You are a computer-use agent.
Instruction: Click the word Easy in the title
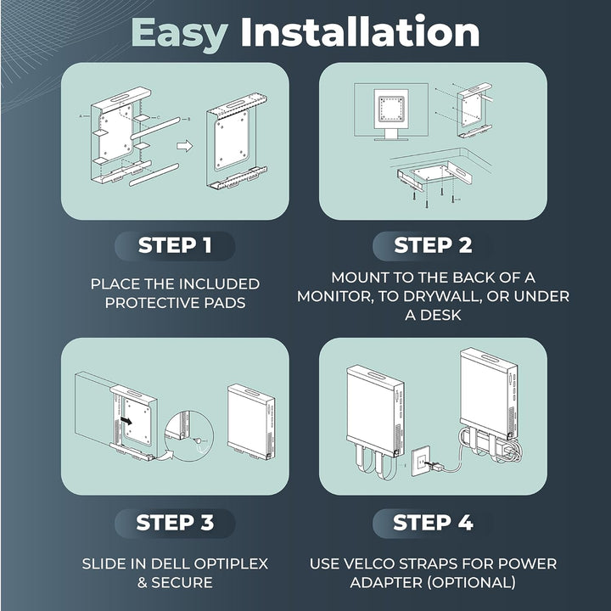click(179, 34)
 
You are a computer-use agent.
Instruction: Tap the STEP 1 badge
click(175, 246)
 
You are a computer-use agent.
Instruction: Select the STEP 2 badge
click(433, 246)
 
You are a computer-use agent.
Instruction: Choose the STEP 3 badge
click(175, 523)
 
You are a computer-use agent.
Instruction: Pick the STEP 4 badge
click(433, 523)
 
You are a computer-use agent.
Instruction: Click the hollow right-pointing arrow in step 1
click(185, 146)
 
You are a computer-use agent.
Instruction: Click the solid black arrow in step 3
click(126, 420)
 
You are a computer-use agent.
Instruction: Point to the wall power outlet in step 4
click(421, 462)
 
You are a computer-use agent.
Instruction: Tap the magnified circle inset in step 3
click(189, 435)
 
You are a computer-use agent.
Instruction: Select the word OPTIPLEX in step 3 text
click(231, 563)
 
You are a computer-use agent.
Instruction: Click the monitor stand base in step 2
click(391, 138)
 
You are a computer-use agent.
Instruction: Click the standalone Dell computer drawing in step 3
click(251, 422)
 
